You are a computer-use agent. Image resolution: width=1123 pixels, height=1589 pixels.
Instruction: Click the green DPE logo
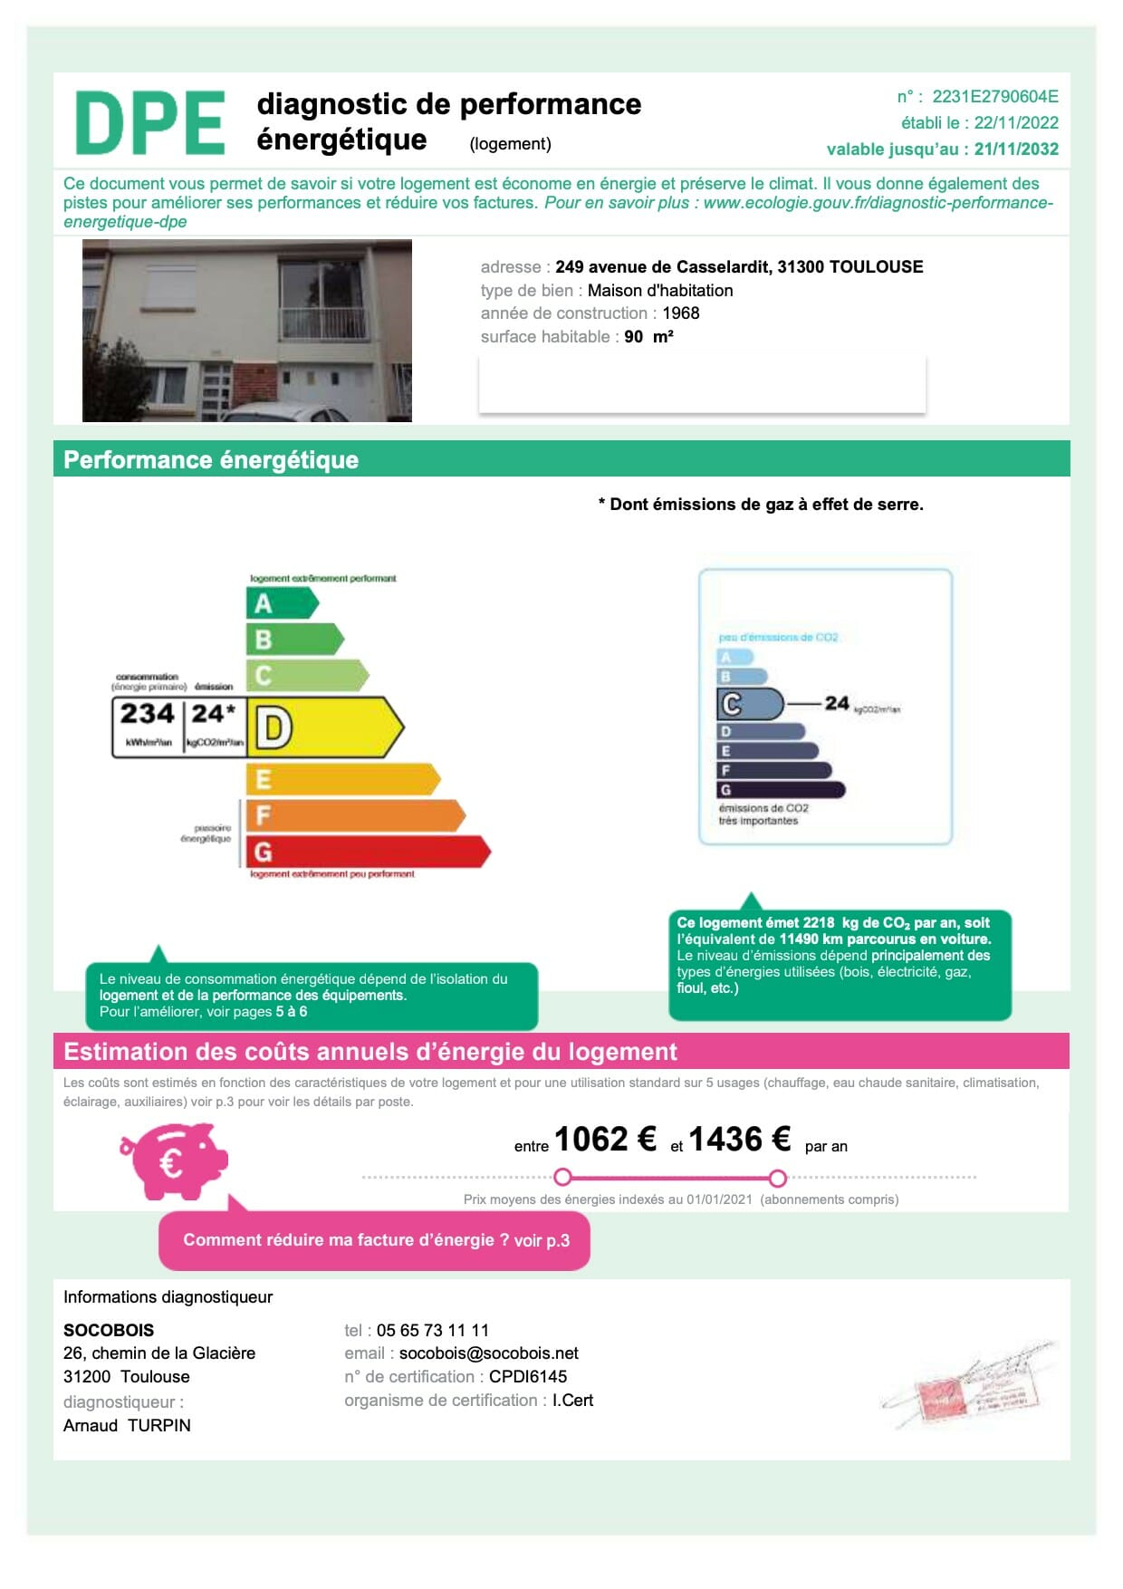150,122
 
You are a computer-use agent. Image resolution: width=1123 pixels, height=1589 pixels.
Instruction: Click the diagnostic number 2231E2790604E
994,97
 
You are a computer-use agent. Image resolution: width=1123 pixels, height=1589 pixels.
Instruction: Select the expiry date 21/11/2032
1016,149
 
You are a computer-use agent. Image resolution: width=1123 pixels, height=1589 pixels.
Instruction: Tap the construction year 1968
681,313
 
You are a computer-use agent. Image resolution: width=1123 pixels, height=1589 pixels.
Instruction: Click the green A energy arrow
281,602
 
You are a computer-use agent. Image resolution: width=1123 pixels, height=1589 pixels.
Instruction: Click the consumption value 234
147,714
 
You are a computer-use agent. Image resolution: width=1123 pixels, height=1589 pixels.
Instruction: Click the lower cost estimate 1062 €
605,1139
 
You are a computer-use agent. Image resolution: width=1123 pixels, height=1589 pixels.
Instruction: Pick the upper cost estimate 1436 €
740,1139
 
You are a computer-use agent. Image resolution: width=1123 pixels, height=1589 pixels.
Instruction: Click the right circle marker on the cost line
777,1178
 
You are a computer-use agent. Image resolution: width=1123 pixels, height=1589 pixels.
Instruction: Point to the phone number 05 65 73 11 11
432,1330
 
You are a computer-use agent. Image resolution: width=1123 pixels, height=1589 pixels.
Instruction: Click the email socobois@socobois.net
488,1353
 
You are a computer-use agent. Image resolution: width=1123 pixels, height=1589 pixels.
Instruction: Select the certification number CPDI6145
528,1377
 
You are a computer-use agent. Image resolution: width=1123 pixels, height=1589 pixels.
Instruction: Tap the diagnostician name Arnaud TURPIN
127,1425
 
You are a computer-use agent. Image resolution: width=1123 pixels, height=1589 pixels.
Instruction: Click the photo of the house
247,331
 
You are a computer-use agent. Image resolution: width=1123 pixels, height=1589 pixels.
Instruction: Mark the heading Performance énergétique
211,460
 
